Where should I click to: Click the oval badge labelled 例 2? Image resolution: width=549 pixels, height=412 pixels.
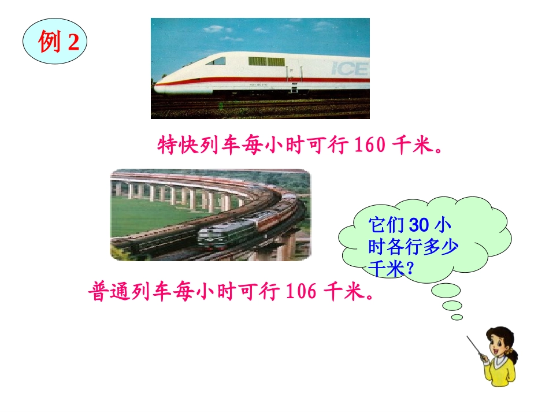pos(54,42)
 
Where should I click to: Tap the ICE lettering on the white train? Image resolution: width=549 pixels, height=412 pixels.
pos(350,69)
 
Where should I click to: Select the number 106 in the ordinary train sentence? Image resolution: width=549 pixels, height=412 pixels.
pos(301,292)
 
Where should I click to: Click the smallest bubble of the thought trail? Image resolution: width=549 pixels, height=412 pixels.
pos(457,317)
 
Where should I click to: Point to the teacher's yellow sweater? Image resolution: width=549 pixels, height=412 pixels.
pos(500,373)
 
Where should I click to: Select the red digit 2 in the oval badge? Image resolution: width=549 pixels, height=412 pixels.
pos(73,43)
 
